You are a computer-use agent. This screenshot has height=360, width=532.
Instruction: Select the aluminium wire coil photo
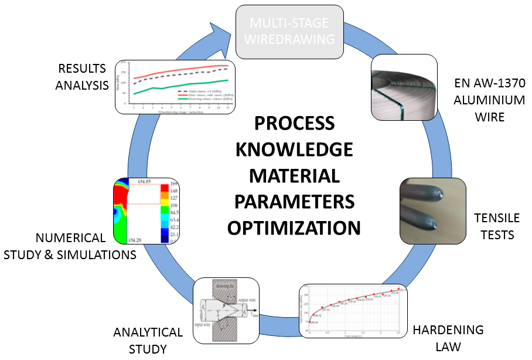click(404, 87)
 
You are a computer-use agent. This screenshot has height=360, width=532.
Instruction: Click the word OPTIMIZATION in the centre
click(294, 227)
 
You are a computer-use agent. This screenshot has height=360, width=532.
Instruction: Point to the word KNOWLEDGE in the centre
click(294, 150)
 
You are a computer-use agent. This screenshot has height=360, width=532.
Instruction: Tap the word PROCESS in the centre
click(294, 124)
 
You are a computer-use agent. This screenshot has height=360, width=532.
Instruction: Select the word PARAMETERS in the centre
click(294, 201)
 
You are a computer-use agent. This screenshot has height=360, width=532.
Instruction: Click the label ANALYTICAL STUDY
click(148, 341)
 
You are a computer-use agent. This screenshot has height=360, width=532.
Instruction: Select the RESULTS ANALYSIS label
click(82, 77)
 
